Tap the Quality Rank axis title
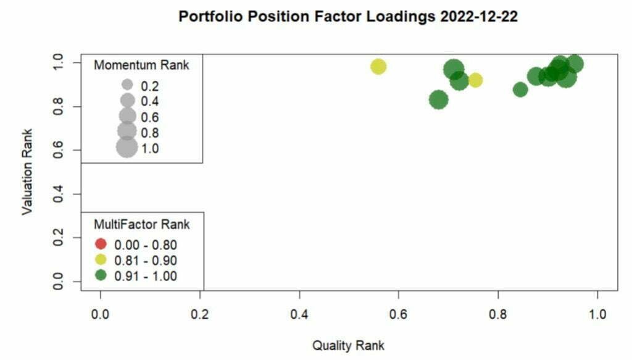point(348,345)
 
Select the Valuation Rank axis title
point(27,172)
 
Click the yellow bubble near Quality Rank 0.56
point(378,67)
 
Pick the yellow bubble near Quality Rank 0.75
point(475,80)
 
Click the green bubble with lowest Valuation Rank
point(438,99)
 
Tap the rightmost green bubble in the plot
point(575,64)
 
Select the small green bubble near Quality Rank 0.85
point(520,90)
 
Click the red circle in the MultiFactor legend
point(101,244)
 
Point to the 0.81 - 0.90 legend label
point(146,260)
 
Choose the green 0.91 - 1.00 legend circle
point(101,275)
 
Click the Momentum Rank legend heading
point(141,65)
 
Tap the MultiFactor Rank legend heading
point(141,223)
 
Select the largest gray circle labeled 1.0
point(127,148)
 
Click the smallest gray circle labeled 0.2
point(127,85)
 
